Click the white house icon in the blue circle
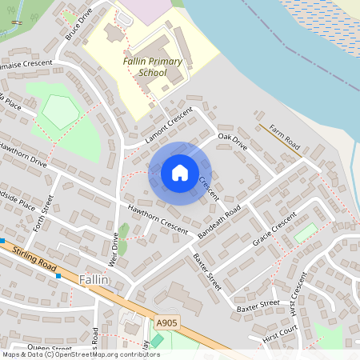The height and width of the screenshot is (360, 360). point(180,173)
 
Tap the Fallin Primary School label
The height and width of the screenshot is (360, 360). point(153,67)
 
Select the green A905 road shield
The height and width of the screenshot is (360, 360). point(166,323)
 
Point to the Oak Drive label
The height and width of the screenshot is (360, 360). point(233,142)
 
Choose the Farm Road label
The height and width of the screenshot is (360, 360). point(284,137)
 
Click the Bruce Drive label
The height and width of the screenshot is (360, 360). point(78,25)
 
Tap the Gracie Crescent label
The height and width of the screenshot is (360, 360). point(274,229)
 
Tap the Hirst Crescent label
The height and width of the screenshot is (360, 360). point(298,294)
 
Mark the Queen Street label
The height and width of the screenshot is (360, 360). point(50,348)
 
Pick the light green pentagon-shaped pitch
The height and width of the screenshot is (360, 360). point(60,111)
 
